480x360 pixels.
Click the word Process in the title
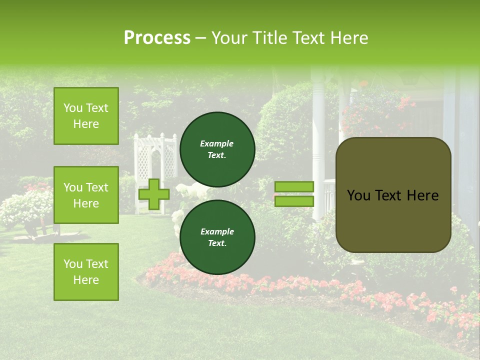point(157,38)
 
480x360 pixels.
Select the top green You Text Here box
point(86,116)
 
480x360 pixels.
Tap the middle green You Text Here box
point(86,195)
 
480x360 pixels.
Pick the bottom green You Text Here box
point(86,272)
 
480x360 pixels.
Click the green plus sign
point(154,194)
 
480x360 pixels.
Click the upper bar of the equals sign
point(294,187)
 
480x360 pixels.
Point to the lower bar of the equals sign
point(294,201)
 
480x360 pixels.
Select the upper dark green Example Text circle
point(217,149)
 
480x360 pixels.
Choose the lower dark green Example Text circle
point(217,237)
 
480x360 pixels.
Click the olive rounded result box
point(393,220)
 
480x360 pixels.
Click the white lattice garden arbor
point(155,160)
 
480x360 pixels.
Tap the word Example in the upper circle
point(216,144)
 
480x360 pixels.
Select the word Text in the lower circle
point(216,243)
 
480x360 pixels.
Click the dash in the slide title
point(201,38)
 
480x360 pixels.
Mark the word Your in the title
point(229,38)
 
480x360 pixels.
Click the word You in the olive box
point(358,195)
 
